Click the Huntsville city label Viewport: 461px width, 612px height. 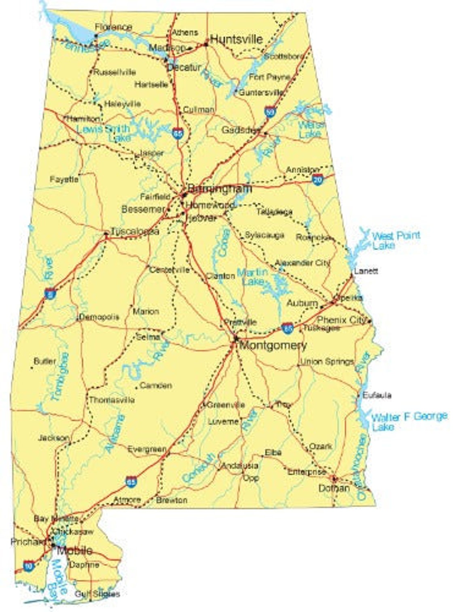(x=237, y=39)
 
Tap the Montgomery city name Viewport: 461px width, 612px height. (x=273, y=345)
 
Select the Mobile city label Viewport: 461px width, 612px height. (x=74, y=550)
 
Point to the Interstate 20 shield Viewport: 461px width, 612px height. (x=318, y=179)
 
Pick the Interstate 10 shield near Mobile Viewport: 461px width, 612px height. (x=28, y=565)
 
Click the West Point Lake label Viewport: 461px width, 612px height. (x=395, y=240)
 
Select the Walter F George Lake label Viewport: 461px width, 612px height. (x=408, y=421)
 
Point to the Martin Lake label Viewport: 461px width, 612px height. (x=252, y=277)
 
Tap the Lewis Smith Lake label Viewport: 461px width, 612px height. (x=104, y=133)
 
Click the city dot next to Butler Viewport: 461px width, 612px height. (x=32, y=368)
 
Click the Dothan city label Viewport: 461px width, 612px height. (x=334, y=488)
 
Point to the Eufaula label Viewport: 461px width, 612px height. (x=377, y=395)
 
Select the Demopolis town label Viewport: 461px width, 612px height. (x=99, y=317)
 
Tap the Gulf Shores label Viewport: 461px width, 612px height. (x=97, y=594)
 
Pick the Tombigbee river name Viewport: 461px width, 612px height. (x=59, y=377)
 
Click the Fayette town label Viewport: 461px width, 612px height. (x=64, y=179)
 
